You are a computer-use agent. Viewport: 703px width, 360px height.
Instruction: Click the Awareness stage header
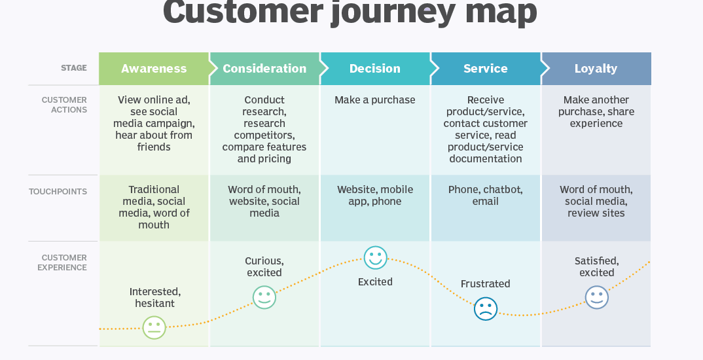(x=154, y=69)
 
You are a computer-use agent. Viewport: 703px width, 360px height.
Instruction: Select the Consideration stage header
(x=264, y=69)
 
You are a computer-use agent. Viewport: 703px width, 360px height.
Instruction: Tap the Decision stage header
(x=375, y=69)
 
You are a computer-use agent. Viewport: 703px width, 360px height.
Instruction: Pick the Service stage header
(x=486, y=69)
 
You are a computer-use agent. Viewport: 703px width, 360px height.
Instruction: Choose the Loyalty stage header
(x=596, y=69)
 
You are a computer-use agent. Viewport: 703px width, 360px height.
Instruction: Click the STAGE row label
(x=74, y=68)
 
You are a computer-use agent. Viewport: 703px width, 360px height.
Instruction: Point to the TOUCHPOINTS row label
(x=58, y=192)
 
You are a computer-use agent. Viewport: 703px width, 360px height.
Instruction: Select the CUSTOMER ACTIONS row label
(x=64, y=105)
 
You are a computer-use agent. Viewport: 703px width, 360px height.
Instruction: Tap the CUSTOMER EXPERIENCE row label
(x=62, y=262)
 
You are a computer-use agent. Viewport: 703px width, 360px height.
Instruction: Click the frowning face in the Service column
(x=486, y=308)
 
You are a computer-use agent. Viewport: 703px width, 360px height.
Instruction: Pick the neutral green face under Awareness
(x=154, y=327)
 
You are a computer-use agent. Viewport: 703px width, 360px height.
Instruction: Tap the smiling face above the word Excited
(x=375, y=257)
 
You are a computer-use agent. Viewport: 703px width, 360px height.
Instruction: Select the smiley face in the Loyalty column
(x=596, y=297)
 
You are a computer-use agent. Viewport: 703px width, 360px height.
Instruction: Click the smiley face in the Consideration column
(x=264, y=297)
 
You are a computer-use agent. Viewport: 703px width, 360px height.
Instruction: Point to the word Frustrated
(x=486, y=284)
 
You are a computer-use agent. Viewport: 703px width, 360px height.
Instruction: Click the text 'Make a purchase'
(x=375, y=100)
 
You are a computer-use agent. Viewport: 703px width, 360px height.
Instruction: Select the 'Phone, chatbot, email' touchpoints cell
(x=486, y=196)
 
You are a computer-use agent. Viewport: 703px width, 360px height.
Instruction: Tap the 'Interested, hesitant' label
(x=155, y=298)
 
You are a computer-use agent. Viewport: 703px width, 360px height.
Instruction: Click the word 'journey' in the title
(x=395, y=11)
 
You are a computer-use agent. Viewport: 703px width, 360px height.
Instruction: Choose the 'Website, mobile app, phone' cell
(x=375, y=196)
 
